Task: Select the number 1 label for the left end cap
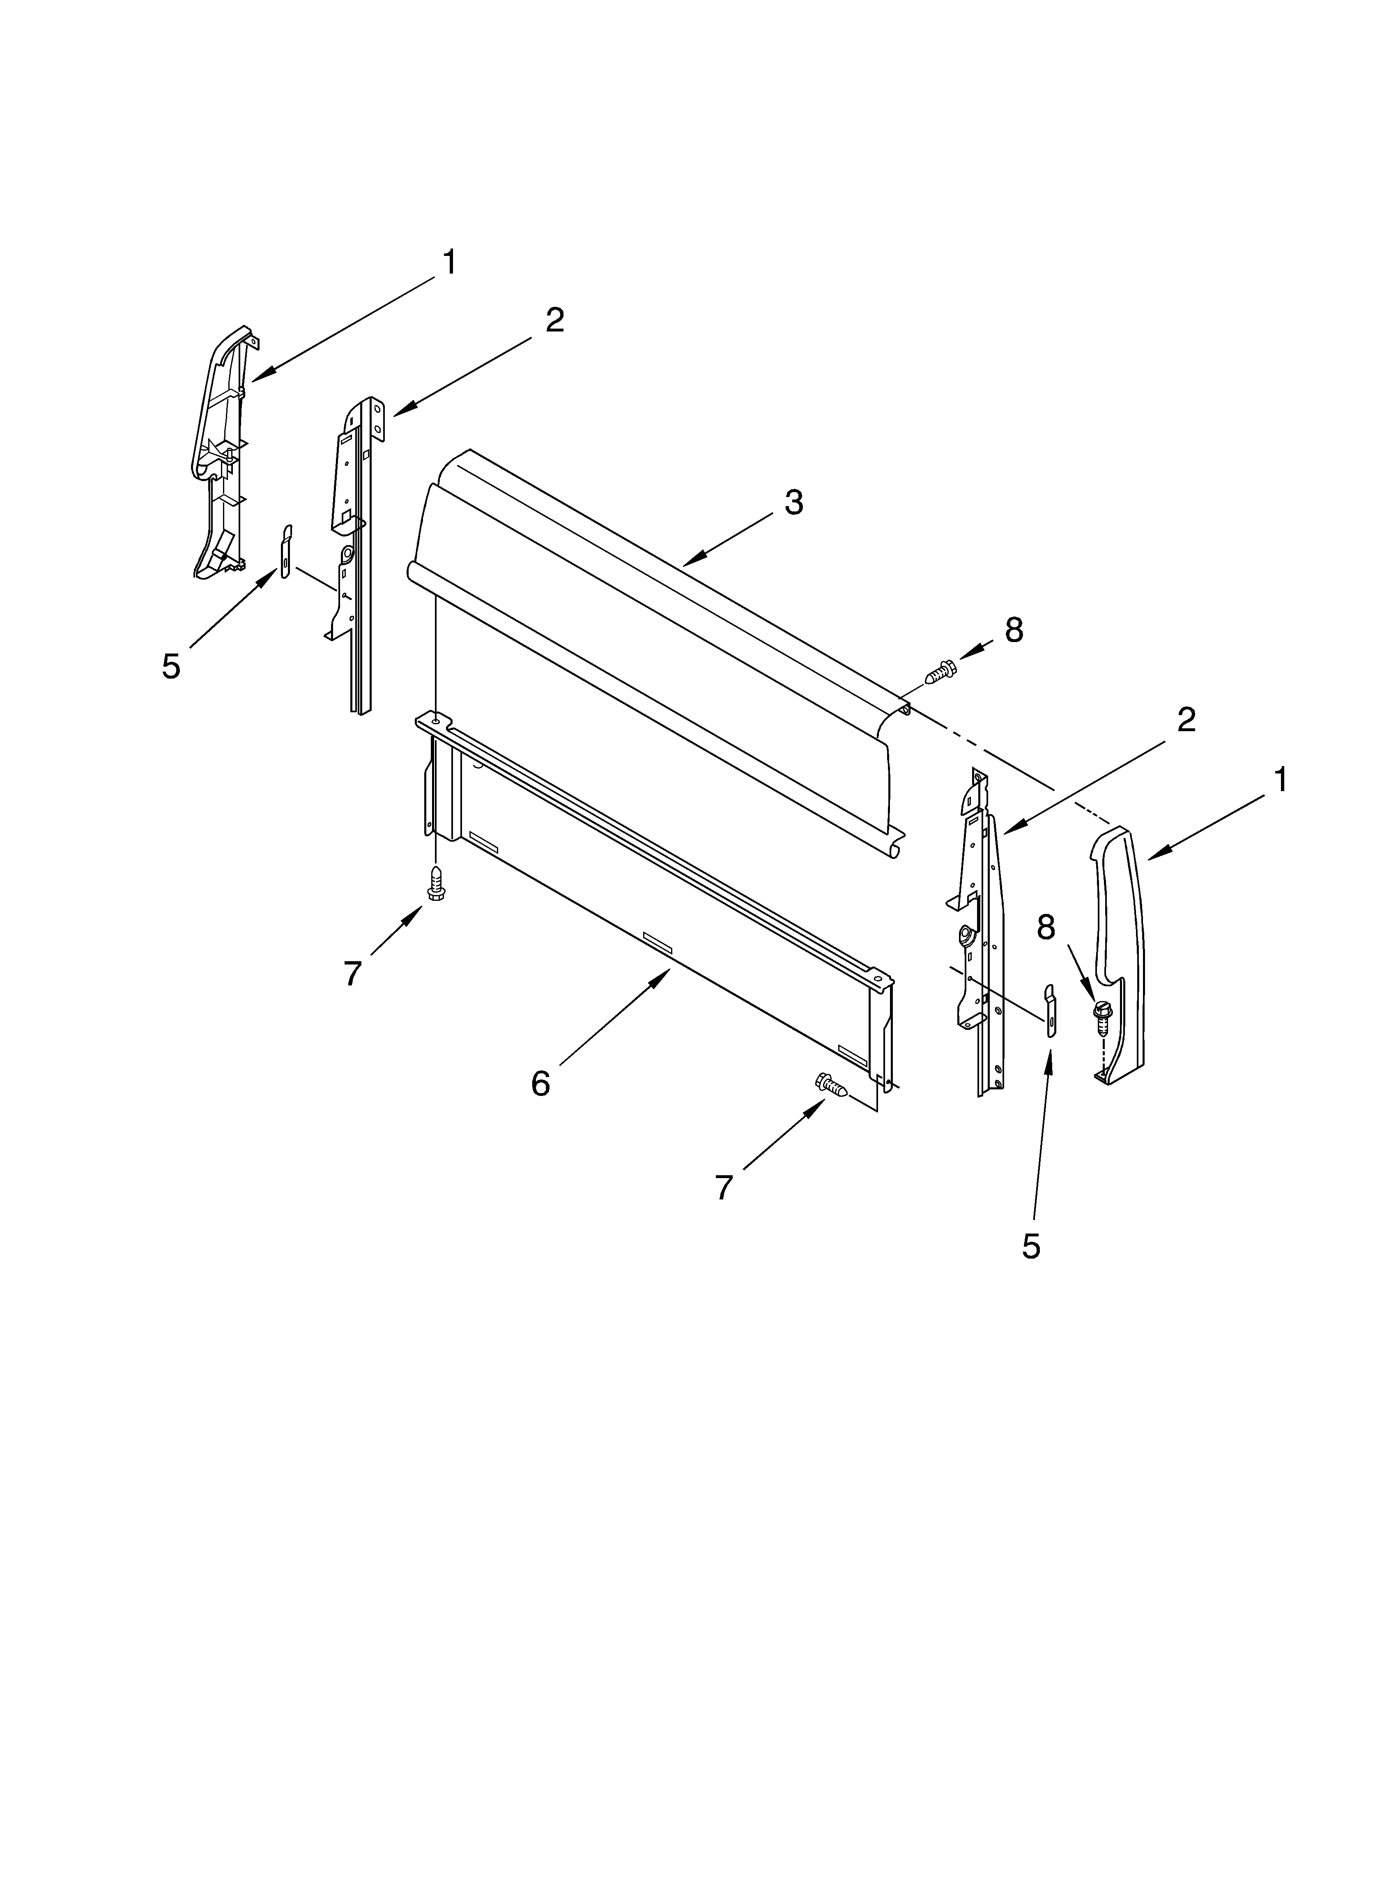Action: (x=450, y=263)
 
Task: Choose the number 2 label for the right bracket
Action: (x=1186, y=720)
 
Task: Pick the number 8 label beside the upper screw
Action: (x=1014, y=631)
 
